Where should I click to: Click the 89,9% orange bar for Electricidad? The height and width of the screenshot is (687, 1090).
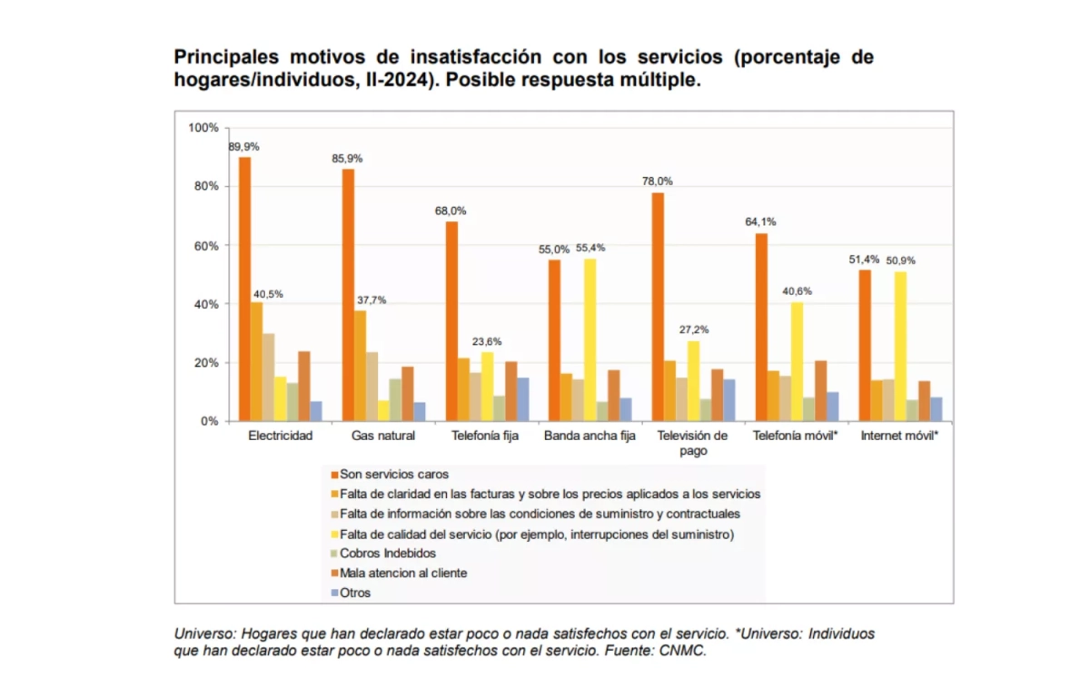click(245, 289)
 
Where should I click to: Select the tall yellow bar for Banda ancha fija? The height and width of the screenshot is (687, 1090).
click(590, 339)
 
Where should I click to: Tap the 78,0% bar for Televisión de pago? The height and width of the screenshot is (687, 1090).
click(658, 307)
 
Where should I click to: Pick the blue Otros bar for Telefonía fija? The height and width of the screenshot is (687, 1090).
click(522, 399)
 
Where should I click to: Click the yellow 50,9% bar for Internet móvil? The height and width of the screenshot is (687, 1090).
click(900, 346)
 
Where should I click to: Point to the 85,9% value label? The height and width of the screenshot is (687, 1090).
click(347, 159)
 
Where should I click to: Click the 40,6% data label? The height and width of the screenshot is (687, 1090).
click(797, 291)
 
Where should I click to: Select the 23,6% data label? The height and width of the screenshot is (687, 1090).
click(486, 342)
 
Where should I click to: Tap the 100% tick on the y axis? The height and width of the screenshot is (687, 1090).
click(203, 127)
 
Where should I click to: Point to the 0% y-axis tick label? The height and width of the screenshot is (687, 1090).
click(210, 421)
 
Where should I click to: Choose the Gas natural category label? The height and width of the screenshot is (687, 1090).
click(383, 436)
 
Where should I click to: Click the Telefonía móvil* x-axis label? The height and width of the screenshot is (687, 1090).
click(796, 436)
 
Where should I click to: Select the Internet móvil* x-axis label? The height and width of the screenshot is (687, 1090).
click(900, 436)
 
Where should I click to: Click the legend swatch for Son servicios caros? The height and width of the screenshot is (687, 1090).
click(334, 475)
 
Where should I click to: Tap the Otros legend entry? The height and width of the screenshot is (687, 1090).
click(355, 593)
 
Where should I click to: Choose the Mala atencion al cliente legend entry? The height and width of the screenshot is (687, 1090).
click(403, 573)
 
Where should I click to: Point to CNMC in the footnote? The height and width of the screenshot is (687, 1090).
click(685, 651)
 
